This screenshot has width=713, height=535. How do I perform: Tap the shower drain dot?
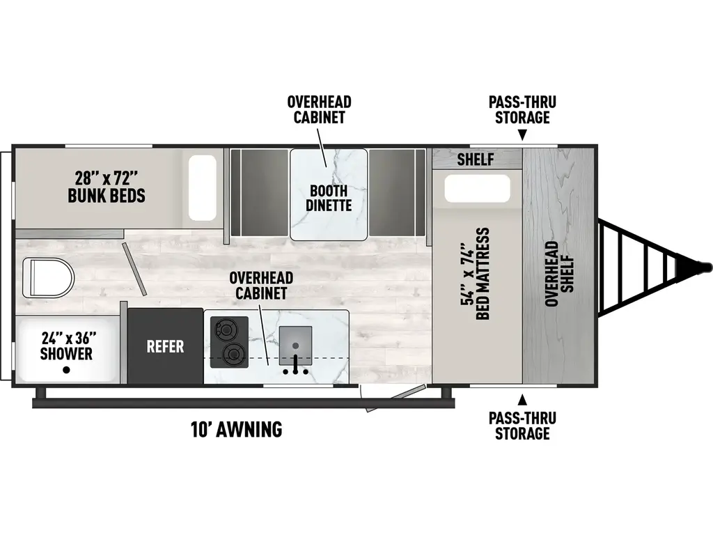(x=66, y=370)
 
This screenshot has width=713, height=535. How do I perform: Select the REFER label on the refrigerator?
(x=165, y=346)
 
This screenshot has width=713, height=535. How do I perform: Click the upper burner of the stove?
(x=226, y=327)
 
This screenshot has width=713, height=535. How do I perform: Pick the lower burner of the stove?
(x=230, y=355)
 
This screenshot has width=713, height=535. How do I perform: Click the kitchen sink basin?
(x=296, y=345)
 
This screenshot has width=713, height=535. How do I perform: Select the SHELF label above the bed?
(x=476, y=160)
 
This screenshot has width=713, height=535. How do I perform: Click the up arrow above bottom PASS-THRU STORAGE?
(x=522, y=400)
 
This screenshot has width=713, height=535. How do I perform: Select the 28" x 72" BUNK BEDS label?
(x=107, y=186)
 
